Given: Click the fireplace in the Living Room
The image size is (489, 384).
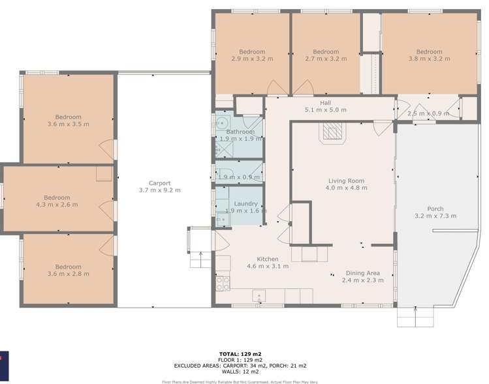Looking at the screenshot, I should pos(330,132).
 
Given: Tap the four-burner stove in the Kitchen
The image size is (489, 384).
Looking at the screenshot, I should pos(223,282).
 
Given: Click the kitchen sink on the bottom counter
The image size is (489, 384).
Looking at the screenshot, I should pos(259,295).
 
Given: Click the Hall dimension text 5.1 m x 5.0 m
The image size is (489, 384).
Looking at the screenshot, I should pos(325,110).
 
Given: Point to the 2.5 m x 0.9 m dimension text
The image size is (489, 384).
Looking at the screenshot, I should pos(428,113).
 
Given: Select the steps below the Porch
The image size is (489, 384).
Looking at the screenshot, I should pos(415,317).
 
